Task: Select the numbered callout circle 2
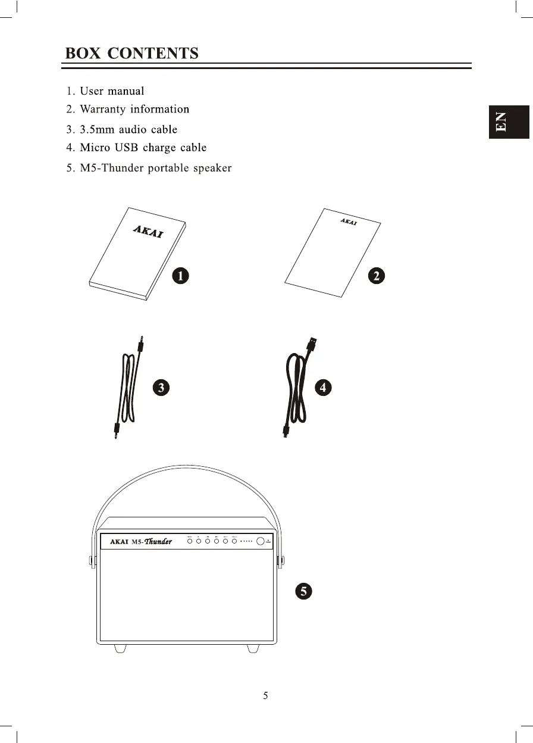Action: (376, 276)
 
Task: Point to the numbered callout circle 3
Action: (161, 388)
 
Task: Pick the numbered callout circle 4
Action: (323, 388)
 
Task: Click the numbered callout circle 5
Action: (303, 591)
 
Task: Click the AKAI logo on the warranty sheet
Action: (349, 222)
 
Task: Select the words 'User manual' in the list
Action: (112, 91)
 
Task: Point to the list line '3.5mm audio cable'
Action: (128, 129)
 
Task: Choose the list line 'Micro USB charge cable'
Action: (143, 148)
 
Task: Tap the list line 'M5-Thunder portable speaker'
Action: (155, 168)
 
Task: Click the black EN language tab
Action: (509, 122)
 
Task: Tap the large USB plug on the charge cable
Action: (312, 345)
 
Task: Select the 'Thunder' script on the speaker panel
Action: (158, 541)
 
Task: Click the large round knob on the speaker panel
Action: (261, 541)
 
